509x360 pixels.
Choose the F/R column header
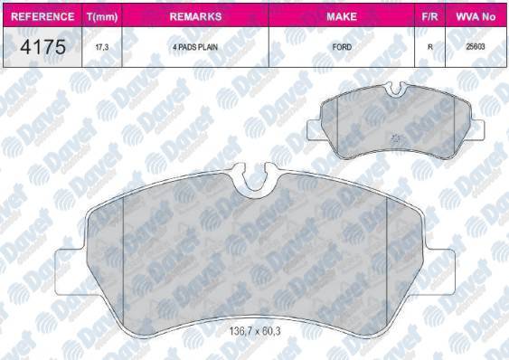429,17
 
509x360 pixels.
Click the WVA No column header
476,17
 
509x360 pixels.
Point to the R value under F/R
429,47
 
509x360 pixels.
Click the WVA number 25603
476,47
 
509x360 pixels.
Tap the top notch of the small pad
395,89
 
